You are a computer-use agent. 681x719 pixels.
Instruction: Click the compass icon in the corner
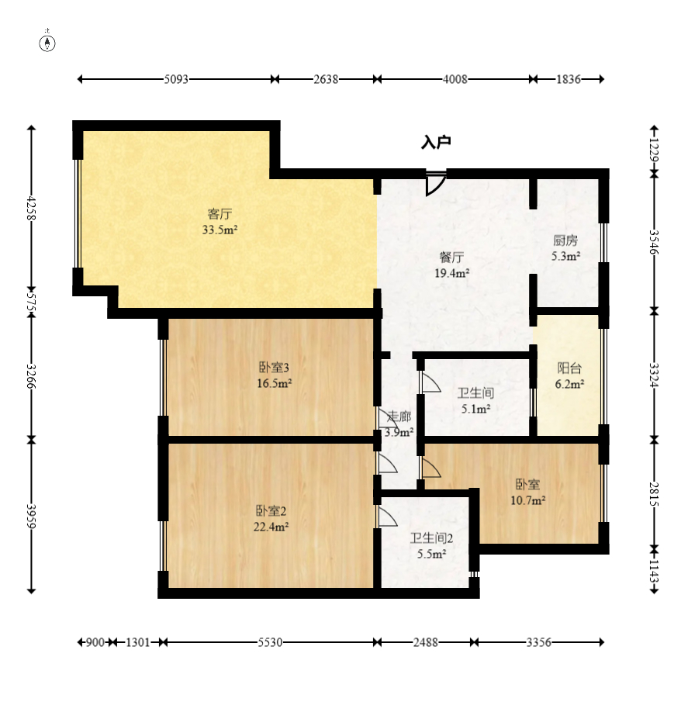click(x=47, y=43)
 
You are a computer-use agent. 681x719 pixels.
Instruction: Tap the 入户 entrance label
click(x=436, y=142)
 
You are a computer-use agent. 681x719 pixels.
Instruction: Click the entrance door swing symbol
click(x=435, y=183)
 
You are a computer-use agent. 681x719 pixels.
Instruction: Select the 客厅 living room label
click(x=220, y=213)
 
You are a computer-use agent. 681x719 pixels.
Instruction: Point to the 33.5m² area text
click(x=220, y=230)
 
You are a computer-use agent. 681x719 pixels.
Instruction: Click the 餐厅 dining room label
click(x=451, y=257)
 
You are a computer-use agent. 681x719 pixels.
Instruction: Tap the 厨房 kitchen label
click(x=565, y=240)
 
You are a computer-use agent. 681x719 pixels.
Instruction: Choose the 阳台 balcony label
click(x=569, y=368)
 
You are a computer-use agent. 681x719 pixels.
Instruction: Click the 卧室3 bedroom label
click(x=275, y=368)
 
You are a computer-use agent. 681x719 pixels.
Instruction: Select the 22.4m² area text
click(x=271, y=527)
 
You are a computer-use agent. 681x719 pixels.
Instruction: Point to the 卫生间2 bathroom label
click(x=431, y=538)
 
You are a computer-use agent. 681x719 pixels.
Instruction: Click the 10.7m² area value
click(x=528, y=499)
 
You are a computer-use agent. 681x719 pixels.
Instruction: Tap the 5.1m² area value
click(x=476, y=409)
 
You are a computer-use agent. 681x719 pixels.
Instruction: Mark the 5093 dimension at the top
click(x=176, y=79)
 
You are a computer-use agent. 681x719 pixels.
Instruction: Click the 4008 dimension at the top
click(x=455, y=79)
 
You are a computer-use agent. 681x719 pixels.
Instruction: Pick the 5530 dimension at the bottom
click(x=270, y=642)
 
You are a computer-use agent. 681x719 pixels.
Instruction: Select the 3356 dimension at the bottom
click(x=538, y=642)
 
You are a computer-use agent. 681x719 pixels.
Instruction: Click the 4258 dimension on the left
click(x=31, y=208)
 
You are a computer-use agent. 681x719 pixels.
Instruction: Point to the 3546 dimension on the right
click(x=655, y=242)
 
